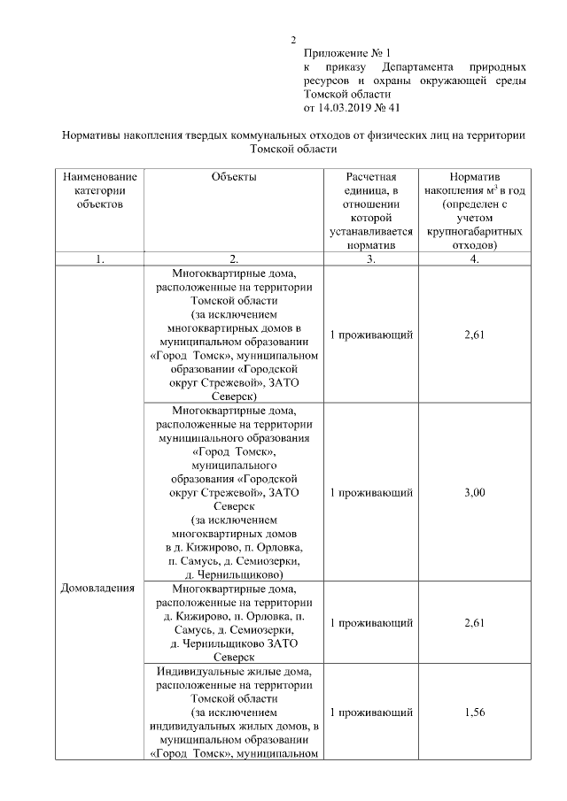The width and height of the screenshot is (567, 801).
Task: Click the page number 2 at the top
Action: tap(292, 40)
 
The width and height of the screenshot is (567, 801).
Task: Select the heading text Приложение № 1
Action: tap(346, 53)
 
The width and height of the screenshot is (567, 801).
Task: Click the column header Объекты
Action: tap(234, 177)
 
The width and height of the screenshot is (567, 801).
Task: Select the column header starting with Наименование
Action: tap(100, 177)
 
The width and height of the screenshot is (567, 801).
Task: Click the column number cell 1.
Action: tap(100, 258)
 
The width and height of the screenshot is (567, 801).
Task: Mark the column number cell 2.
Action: tap(234, 258)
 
